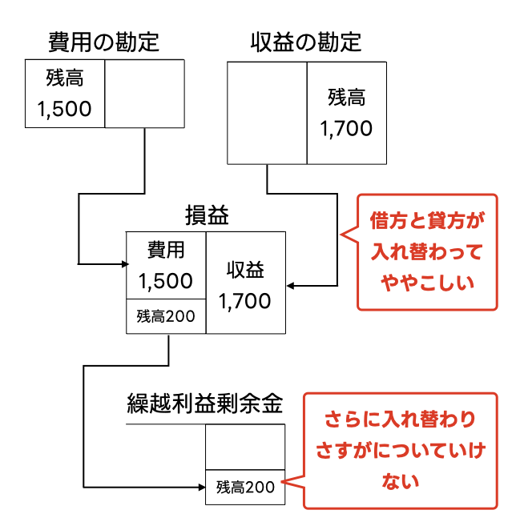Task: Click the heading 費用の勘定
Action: point(103,41)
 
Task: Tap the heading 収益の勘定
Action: point(306,41)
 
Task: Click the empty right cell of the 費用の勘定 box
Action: point(145,94)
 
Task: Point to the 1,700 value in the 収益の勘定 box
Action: point(346,128)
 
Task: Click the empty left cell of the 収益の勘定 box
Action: point(267,114)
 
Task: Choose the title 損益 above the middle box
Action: point(207,215)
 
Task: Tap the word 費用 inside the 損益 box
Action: point(166,250)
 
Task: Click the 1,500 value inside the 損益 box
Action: point(166,281)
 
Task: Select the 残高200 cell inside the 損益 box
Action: point(166,316)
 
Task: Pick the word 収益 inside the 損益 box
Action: point(245,270)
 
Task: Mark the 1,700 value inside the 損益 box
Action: point(245,302)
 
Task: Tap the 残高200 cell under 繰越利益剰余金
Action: point(245,487)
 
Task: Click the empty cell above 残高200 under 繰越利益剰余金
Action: point(245,447)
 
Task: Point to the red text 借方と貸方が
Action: point(427,219)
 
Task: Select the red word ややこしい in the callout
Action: point(427,283)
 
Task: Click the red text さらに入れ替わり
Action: point(400,419)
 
